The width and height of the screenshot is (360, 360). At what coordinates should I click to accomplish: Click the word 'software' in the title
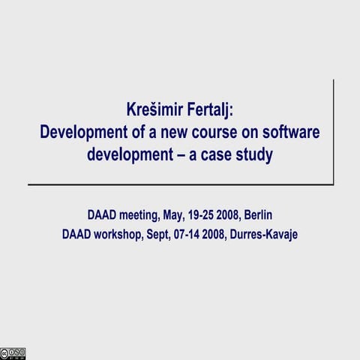pyautogui.click(x=287, y=133)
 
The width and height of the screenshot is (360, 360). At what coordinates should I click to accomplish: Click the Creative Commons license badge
pyautogui.click(x=13, y=353)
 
